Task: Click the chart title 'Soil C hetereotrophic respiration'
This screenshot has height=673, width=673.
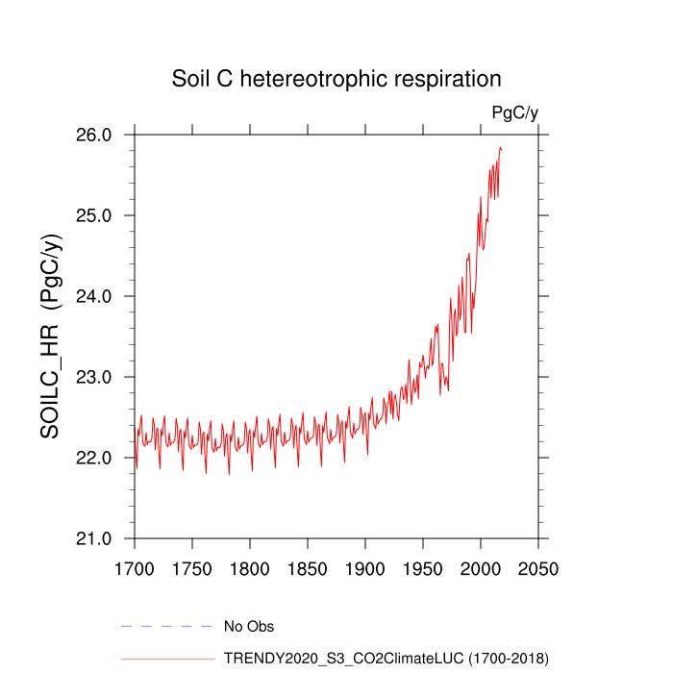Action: (x=336, y=78)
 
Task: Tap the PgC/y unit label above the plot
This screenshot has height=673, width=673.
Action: (x=514, y=113)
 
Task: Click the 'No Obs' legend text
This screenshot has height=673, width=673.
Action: (x=249, y=627)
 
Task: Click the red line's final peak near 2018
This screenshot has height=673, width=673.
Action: (x=501, y=147)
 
